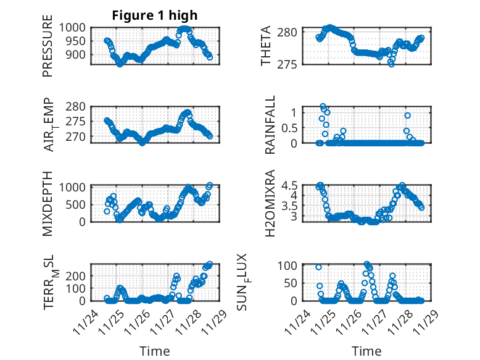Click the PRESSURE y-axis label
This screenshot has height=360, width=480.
[48, 51]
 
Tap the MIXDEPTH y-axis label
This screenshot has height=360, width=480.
[48, 203]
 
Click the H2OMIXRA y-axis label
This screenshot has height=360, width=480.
[270, 203]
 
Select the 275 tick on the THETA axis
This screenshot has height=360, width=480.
[292, 64]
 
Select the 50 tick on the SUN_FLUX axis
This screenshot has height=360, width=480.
[294, 283]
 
